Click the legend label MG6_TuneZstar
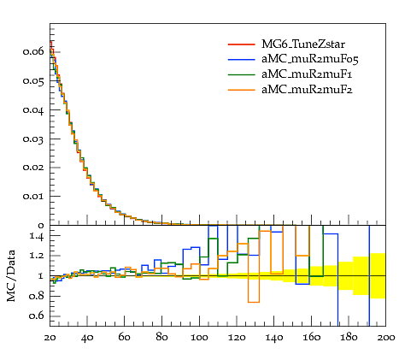(303, 44)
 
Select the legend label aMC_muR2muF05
(310, 59)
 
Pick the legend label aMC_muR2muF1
(307, 74)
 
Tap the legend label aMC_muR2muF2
(307, 90)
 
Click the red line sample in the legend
(242, 44)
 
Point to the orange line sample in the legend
(242, 90)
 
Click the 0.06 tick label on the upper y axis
(33, 51)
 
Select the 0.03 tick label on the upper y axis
(33, 139)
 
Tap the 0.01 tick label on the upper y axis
(33, 197)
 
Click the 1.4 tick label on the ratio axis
(37, 236)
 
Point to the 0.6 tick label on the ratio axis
(37, 316)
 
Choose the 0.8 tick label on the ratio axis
(37, 296)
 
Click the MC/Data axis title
(11, 275)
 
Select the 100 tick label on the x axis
(199, 338)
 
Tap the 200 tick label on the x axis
(385, 338)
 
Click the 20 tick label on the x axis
(50, 338)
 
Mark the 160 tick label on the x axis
(311, 338)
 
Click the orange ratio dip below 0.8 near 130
(254, 302)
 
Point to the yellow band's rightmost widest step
(378, 275)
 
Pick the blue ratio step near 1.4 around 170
(331, 234)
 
